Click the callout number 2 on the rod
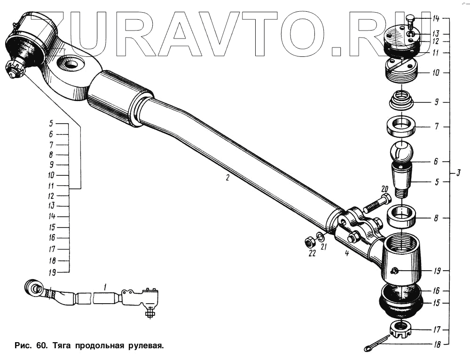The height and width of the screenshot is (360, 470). tap(227, 178)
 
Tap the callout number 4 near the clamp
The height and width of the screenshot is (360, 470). tap(346, 254)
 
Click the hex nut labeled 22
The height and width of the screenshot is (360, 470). tap(310, 243)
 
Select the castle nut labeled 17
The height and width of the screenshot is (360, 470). tap(401, 329)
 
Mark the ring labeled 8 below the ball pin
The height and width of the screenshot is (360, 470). tap(401, 217)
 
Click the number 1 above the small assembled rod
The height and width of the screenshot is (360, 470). tap(106, 285)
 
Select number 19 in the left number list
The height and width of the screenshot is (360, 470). tap(52, 272)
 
